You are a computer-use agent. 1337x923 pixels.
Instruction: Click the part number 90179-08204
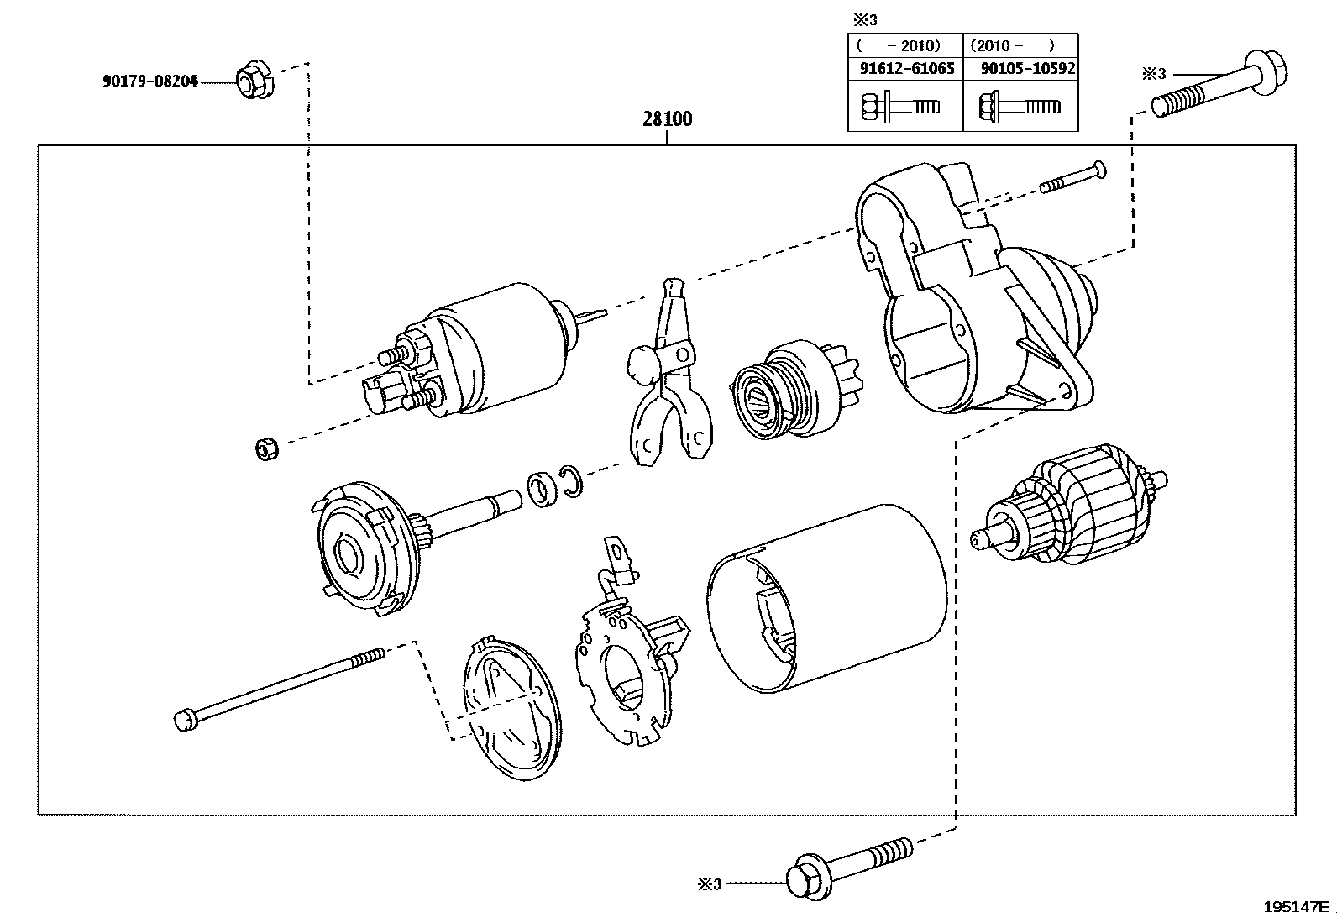[149, 81]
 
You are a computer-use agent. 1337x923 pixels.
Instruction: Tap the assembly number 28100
[668, 118]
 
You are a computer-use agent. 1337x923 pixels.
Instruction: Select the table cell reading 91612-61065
[905, 69]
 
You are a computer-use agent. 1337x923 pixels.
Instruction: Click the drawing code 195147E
[1296, 906]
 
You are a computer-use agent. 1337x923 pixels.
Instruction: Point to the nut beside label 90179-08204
[254, 80]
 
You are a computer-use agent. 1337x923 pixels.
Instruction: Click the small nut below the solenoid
[267, 449]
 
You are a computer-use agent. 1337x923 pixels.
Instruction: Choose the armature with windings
[1068, 505]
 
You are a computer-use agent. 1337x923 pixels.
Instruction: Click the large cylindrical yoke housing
[826, 598]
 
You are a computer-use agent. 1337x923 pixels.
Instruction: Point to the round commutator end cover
[512, 709]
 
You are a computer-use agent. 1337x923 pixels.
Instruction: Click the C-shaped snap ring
[572, 481]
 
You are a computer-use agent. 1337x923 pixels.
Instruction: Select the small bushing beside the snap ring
[543, 490]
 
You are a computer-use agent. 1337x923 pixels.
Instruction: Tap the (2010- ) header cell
[1021, 45]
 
